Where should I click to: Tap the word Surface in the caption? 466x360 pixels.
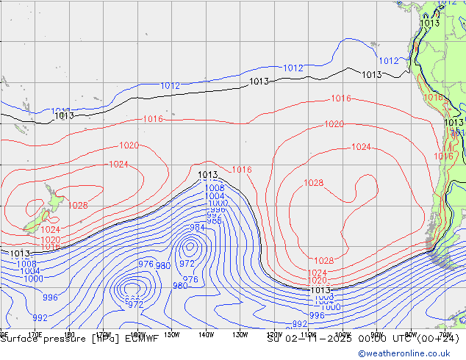tap(22, 339)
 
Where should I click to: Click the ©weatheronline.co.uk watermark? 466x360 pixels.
tap(411, 353)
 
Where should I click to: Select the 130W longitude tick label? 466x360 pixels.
tap(240, 334)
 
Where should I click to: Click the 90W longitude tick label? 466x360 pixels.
tap(377, 334)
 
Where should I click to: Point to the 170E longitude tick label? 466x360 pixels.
tap(35, 334)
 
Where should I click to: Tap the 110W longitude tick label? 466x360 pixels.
tap(308, 334)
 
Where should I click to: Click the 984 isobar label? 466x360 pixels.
tap(198, 228)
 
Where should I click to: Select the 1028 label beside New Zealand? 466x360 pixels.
tap(78, 206)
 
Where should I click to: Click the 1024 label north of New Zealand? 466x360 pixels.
tap(118, 164)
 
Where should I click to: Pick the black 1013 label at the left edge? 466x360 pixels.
tap(20, 253)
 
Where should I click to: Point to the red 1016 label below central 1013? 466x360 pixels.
tap(242, 170)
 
